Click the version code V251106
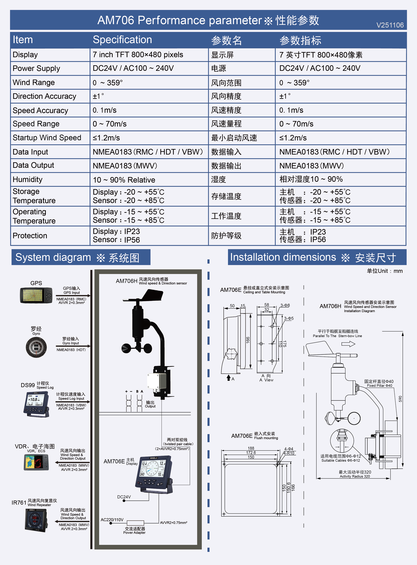point(390,25)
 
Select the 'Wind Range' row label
point(34,82)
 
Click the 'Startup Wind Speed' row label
point(47,138)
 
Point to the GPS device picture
point(36,295)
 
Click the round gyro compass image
point(36,347)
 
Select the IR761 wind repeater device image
point(36,520)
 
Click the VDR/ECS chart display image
point(36,462)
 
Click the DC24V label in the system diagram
point(124,497)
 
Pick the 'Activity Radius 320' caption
point(355,476)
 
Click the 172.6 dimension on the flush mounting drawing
point(251,453)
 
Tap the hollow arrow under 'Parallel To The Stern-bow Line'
point(348,344)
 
